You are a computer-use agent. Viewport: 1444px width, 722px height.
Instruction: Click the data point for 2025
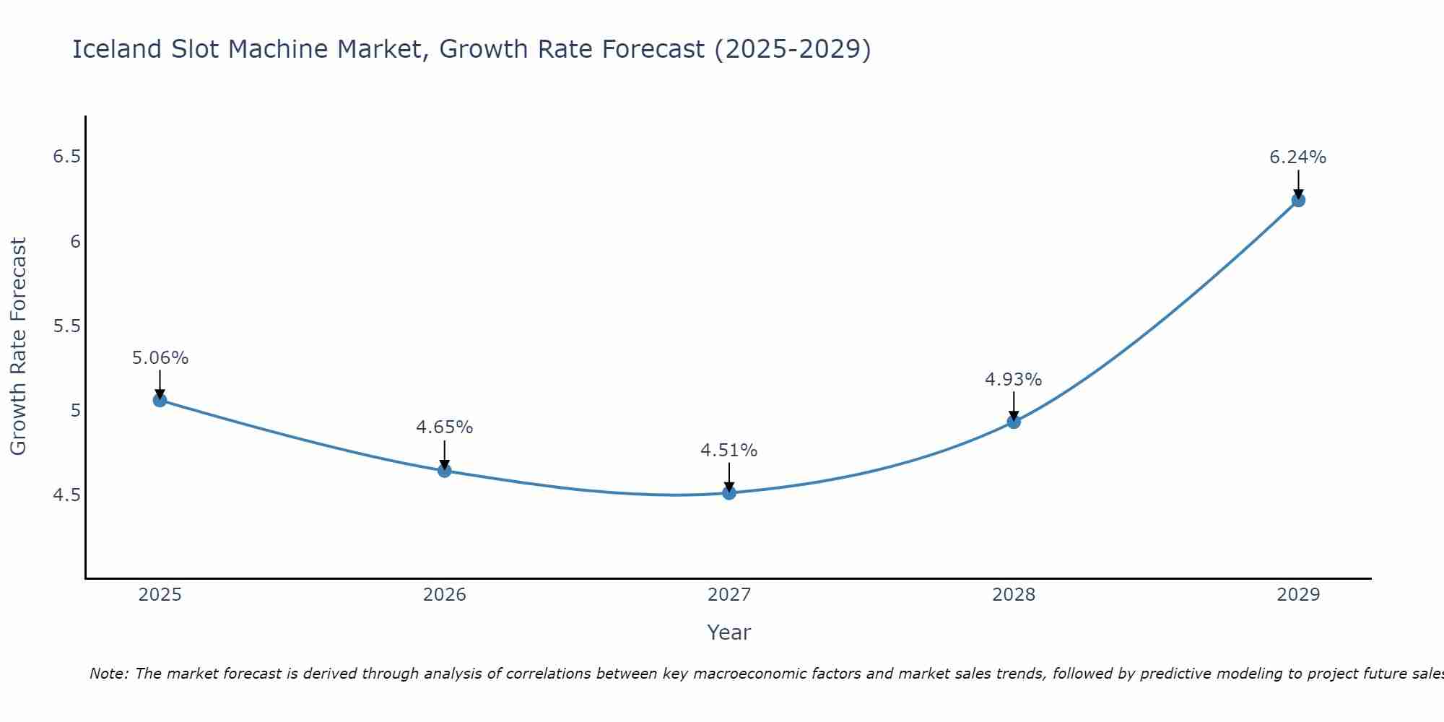(160, 400)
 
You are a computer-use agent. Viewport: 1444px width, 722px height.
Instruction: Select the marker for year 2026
(444, 471)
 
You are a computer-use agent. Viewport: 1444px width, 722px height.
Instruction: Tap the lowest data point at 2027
(729, 493)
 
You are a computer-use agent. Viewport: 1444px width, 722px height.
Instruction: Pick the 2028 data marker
(1014, 422)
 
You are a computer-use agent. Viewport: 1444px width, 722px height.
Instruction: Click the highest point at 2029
(1298, 200)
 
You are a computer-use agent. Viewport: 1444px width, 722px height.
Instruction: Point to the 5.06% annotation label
(160, 358)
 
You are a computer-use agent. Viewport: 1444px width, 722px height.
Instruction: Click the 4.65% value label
(444, 427)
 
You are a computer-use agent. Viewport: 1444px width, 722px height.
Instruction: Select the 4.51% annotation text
(728, 451)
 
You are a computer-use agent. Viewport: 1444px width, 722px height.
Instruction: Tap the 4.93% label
(1013, 380)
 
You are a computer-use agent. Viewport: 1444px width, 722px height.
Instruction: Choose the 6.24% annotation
(1297, 157)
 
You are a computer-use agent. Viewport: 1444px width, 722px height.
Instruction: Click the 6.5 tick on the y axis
(66, 157)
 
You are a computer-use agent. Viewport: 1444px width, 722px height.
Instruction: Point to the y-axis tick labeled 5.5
(66, 326)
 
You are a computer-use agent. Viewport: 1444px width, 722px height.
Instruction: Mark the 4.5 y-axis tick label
(66, 495)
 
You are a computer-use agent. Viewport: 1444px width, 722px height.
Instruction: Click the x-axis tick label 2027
(728, 595)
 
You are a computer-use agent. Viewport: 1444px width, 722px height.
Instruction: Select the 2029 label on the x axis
(1297, 595)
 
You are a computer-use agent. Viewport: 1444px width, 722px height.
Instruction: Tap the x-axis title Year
(728, 632)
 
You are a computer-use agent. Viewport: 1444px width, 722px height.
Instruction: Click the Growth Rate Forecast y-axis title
(19, 347)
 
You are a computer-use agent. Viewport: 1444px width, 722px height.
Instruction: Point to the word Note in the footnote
(108, 674)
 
